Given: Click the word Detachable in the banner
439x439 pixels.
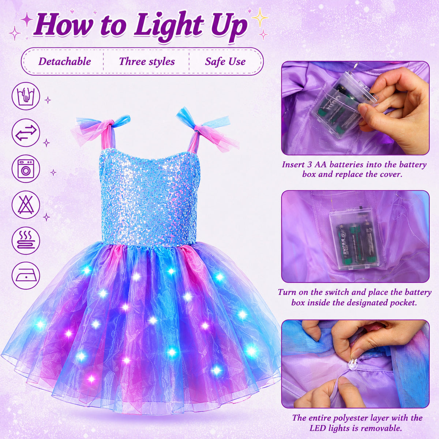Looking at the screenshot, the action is pos(65,61).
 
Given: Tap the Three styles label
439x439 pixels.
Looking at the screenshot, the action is pos(147,61).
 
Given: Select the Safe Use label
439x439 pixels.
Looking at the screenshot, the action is pos(225,61).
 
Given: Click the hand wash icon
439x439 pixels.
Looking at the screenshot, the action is pos(26,96).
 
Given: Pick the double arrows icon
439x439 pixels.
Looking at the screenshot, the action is pos(26,132).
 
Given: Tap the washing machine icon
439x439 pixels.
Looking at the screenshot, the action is pos(26,169).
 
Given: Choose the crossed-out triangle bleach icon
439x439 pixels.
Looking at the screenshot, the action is pos(26,205).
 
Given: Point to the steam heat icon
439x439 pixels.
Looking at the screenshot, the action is pos(26,241).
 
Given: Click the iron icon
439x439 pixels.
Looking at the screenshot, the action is pos(26,275).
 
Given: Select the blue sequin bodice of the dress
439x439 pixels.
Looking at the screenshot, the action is pos(149,196).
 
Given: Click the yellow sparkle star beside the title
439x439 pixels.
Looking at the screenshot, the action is pos(260,17).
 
